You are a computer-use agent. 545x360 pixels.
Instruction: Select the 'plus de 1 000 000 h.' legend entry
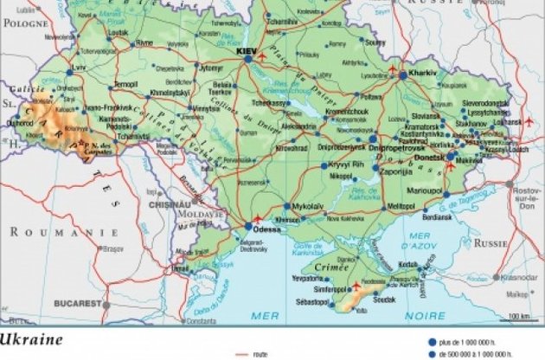481,341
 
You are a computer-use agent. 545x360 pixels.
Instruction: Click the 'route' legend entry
259,354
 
